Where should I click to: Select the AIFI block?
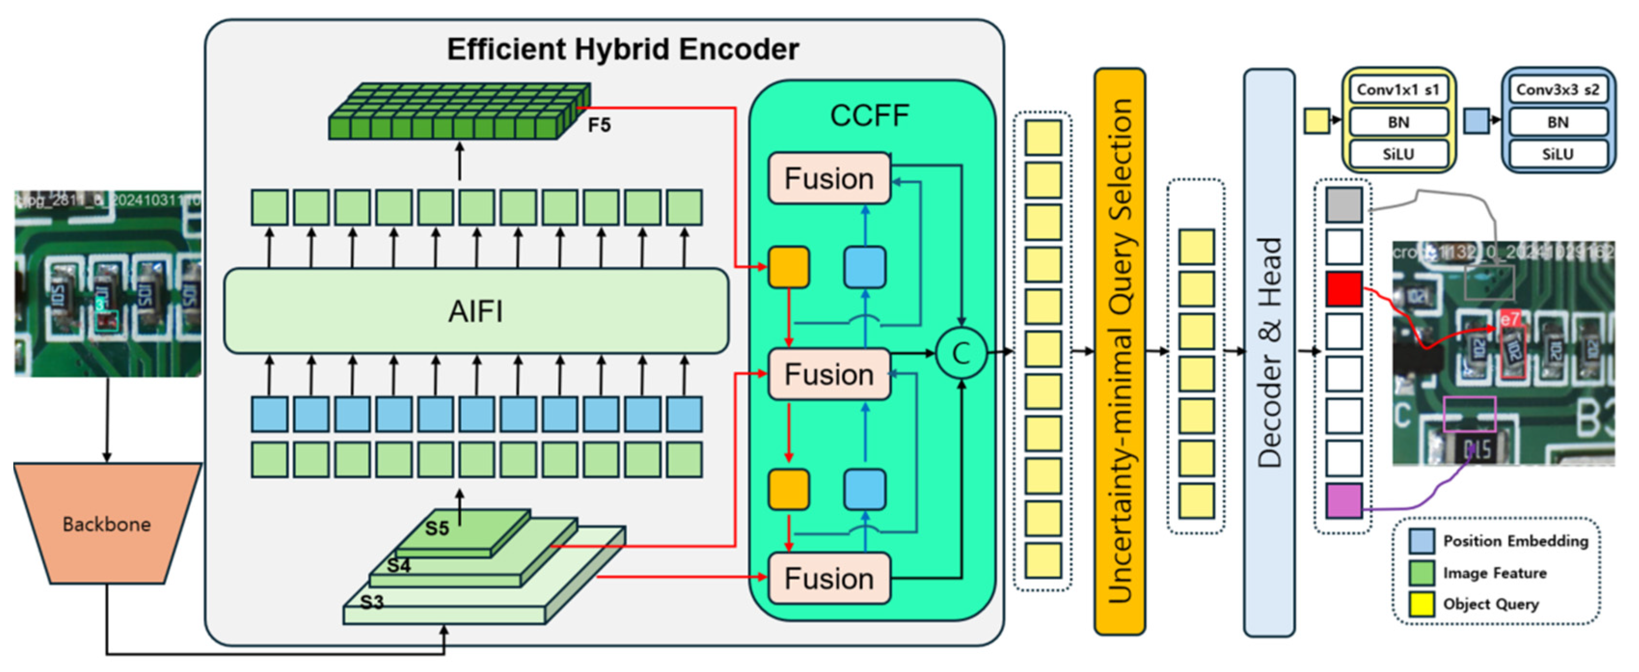point(476,311)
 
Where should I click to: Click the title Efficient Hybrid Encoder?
point(622,49)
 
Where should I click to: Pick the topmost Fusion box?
point(829,178)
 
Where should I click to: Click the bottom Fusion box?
point(829,578)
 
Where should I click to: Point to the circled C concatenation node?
point(961,353)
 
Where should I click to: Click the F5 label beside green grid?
point(599,125)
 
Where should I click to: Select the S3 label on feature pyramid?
point(372,602)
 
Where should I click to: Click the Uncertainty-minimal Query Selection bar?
point(1120,351)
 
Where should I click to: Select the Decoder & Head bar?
point(1269,351)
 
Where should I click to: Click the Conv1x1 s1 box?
point(1398,90)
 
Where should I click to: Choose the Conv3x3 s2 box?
point(1558,90)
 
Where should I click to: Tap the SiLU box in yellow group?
point(1398,154)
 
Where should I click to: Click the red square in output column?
point(1344,289)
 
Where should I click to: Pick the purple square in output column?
point(1344,500)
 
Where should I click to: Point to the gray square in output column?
point(1344,204)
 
